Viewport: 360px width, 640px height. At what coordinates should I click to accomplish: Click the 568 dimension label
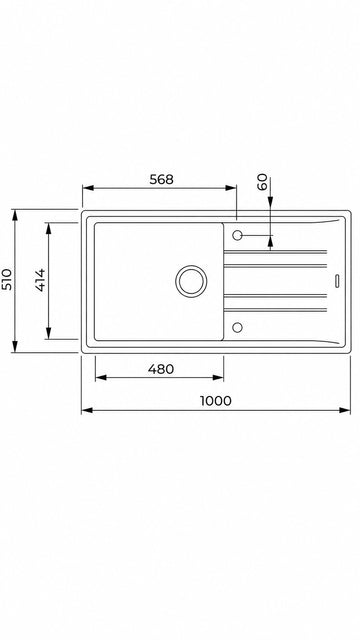click(162, 179)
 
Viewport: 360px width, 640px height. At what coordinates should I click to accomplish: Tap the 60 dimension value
click(262, 182)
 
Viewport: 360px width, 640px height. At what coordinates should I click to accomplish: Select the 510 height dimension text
click(7, 279)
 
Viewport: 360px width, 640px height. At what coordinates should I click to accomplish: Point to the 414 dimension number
click(40, 280)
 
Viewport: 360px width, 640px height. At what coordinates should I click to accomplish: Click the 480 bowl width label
click(161, 369)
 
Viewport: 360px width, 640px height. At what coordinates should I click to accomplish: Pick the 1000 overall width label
click(216, 401)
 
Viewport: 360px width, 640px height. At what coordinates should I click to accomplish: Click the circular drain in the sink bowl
click(191, 281)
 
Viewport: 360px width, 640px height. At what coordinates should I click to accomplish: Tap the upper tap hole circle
click(237, 235)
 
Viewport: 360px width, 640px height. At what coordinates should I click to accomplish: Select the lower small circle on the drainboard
click(237, 327)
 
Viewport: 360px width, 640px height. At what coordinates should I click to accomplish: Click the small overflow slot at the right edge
click(337, 281)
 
